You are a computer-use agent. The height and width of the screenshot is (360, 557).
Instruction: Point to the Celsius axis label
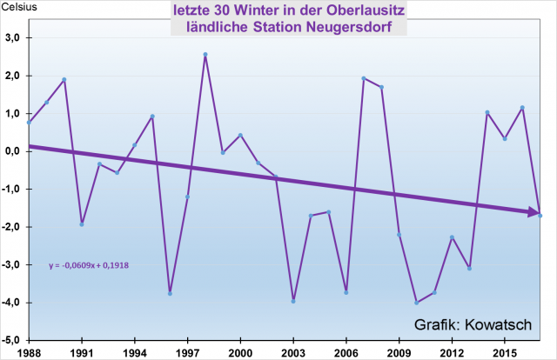click(x=21, y=7)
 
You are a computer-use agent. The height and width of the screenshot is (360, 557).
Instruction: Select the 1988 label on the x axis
click(x=29, y=352)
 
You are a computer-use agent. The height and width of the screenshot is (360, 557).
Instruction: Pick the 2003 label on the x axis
click(x=293, y=352)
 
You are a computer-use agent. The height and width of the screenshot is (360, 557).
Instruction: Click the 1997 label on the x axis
click(x=187, y=352)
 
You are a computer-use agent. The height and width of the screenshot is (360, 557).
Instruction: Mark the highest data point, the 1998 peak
click(x=205, y=54)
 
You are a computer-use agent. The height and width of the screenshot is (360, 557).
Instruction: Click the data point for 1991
click(x=82, y=224)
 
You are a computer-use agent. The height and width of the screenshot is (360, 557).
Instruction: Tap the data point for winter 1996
click(x=170, y=294)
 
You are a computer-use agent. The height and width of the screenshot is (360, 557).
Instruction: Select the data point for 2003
click(x=293, y=301)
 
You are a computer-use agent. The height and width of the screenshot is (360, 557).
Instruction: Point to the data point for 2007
click(x=364, y=78)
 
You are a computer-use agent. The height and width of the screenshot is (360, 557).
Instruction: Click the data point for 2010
click(x=417, y=303)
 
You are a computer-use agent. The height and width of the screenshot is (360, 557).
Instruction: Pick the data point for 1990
click(x=64, y=80)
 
